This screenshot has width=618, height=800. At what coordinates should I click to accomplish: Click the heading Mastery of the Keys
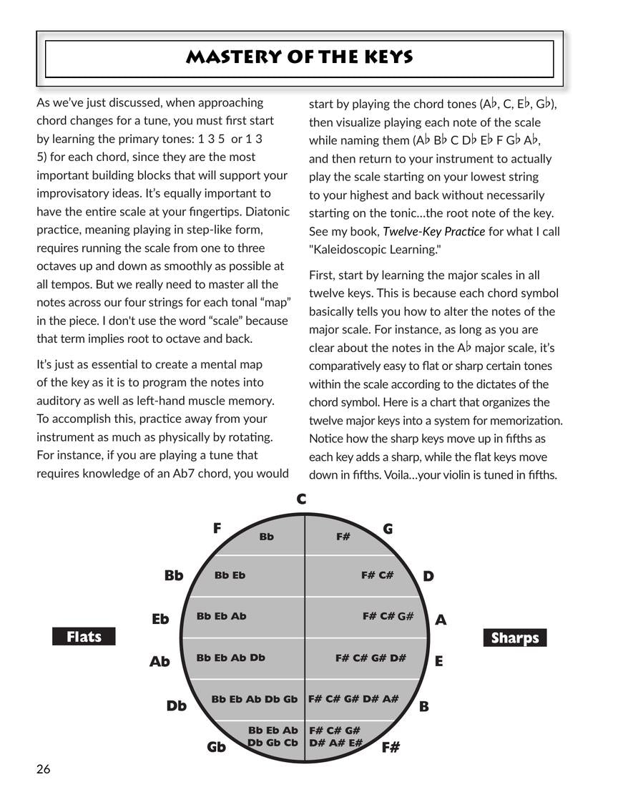(x=299, y=58)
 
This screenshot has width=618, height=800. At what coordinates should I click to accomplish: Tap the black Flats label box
(x=84, y=637)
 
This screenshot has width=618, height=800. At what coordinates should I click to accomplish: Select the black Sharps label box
(x=515, y=638)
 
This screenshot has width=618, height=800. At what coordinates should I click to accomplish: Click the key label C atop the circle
(x=301, y=499)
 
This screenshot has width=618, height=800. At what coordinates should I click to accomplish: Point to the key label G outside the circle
(x=388, y=529)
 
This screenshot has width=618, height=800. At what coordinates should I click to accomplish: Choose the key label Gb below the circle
(x=217, y=747)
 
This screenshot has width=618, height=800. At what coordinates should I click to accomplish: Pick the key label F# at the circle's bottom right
(x=391, y=748)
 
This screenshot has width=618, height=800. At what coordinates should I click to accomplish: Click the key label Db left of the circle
(x=177, y=706)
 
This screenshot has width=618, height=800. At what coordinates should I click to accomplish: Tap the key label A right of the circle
(x=441, y=620)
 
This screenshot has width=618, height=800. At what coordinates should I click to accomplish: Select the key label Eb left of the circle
(x=160, y=619)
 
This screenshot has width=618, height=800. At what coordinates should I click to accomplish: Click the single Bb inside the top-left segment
(x=267, y=536)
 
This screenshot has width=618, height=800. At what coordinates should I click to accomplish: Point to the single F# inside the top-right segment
(x=343, y=536)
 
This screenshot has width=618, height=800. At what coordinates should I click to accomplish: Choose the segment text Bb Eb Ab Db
(x=231, y=658)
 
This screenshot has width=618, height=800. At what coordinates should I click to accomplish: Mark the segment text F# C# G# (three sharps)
(x=388, y=616)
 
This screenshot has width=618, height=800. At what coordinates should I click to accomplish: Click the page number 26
(x=44, y=769)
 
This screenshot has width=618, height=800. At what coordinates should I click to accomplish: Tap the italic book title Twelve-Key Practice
(x=433, y=231)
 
